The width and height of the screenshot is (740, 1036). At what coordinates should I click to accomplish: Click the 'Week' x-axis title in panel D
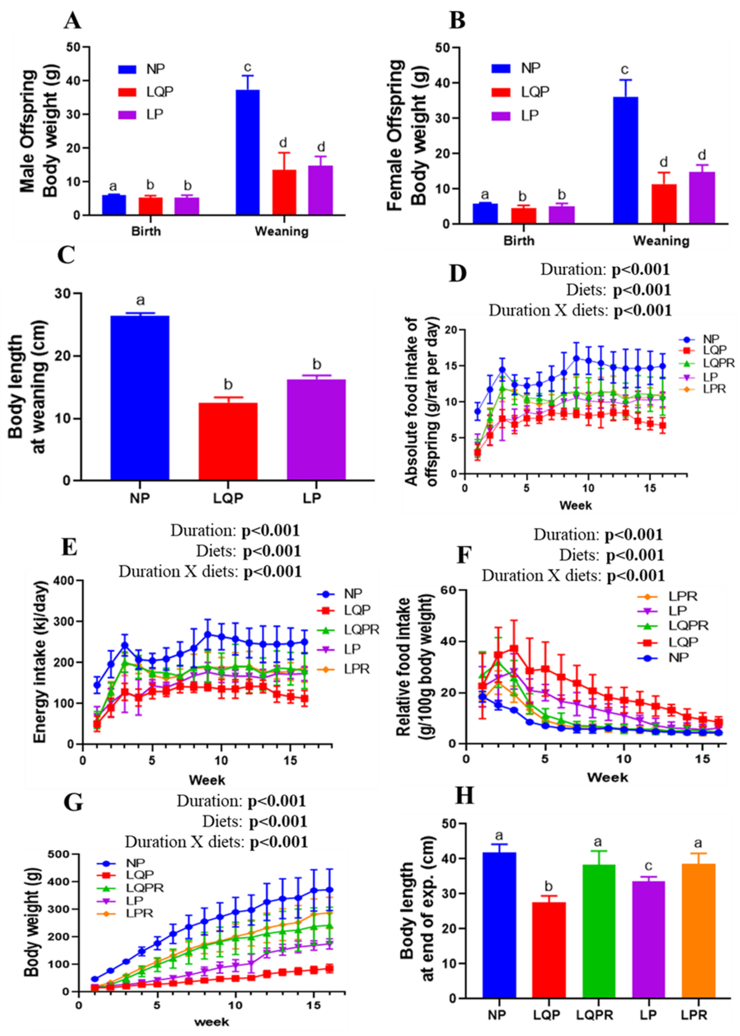pos(576,505)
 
